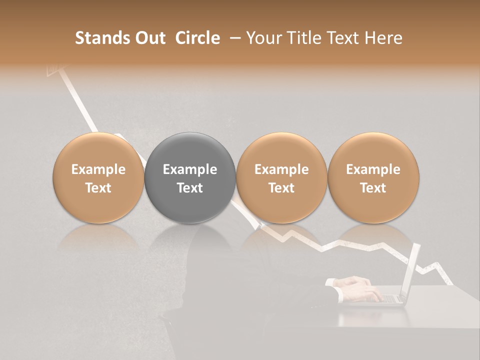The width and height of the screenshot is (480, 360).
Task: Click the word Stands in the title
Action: (100, 38)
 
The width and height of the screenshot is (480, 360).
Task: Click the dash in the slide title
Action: (235, 38)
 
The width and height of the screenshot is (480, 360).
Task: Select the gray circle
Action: (190, 177)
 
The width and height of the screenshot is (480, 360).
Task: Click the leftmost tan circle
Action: (98, 177)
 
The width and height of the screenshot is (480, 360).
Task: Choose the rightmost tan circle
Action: (373, 177)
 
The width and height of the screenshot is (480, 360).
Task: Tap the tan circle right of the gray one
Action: (281, 177)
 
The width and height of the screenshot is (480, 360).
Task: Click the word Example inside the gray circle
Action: (190, 169)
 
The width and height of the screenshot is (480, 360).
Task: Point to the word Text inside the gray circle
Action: (190, 188)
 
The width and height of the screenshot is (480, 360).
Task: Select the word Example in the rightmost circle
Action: (373, 169)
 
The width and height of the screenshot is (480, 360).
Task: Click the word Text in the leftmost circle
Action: (98, 188)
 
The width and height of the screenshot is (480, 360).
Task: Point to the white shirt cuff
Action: (330, 283)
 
